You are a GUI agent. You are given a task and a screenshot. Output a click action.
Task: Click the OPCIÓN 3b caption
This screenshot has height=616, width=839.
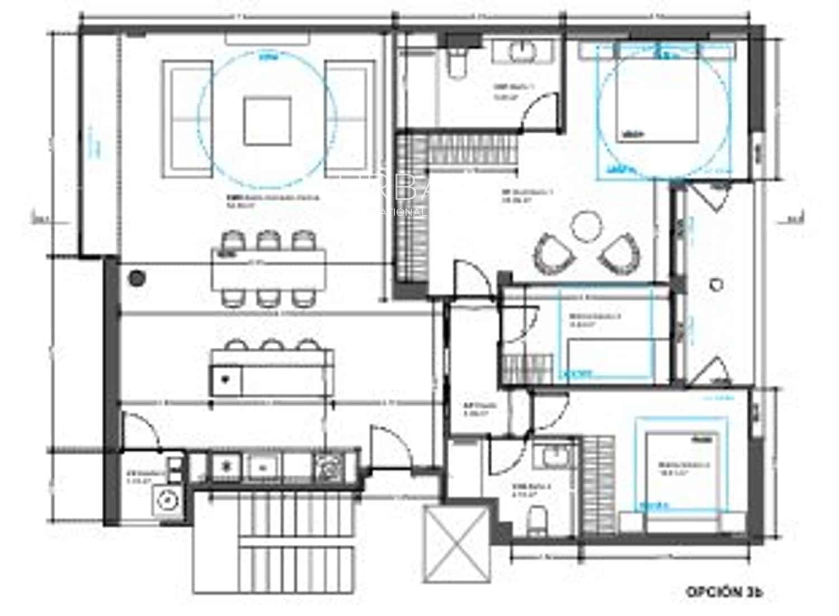pyautogui.click(x=724, y=591)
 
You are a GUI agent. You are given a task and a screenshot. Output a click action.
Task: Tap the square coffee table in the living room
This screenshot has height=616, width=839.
pyautogui.click(x=267, y=121)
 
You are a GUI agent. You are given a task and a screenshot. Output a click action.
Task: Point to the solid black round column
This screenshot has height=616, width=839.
pyautogui.click(x=136, y=277)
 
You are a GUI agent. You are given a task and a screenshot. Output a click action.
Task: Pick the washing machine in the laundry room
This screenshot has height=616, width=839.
pyautogui.click(x=167, y=498)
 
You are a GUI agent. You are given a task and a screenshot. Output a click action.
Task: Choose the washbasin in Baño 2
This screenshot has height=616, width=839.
pyautogui.click(x=550, y=456)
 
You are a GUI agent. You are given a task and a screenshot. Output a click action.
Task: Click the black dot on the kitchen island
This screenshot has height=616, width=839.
pyautogui.click(x=225, y=379)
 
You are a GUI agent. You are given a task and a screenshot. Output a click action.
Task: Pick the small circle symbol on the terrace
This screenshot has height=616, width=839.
pyautogui.click(x=717, y=284)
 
